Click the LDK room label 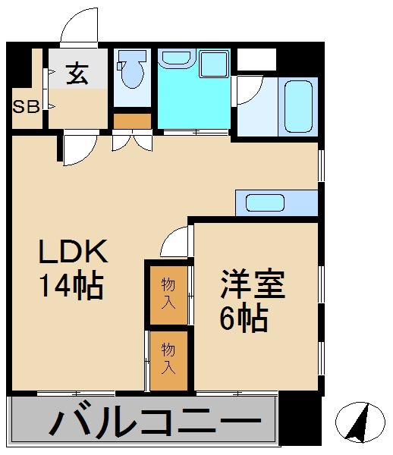(x=74, y=253)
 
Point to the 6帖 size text (x=244, y=318)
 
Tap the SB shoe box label (x=26, y=106)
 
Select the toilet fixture (x=134, y=73)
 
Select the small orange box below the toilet (x=133, y=120)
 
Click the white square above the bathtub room (x=256, y=59)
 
